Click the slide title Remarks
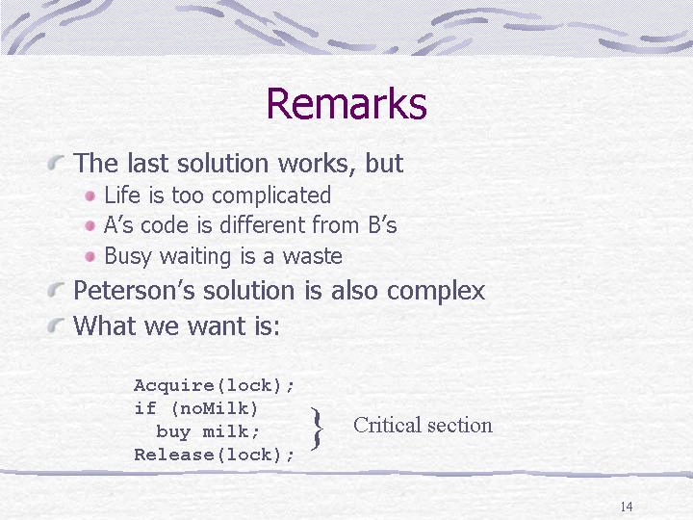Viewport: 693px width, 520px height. coord(346,103)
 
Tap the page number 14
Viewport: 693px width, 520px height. coord(627,507)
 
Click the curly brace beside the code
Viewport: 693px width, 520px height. coord(317,429)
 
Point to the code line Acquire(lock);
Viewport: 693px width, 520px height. coord(214,385)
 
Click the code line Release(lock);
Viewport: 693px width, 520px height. coord(214,455)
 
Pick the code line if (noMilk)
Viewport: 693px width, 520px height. coord(195,408)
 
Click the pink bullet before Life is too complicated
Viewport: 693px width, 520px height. coord(90,195)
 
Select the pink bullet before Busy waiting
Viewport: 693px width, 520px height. coord(90,257)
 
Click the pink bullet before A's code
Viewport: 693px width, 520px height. coord(90,226)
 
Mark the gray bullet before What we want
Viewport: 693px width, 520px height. coord(56,325)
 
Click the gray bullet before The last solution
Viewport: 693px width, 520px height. coord(56,163)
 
